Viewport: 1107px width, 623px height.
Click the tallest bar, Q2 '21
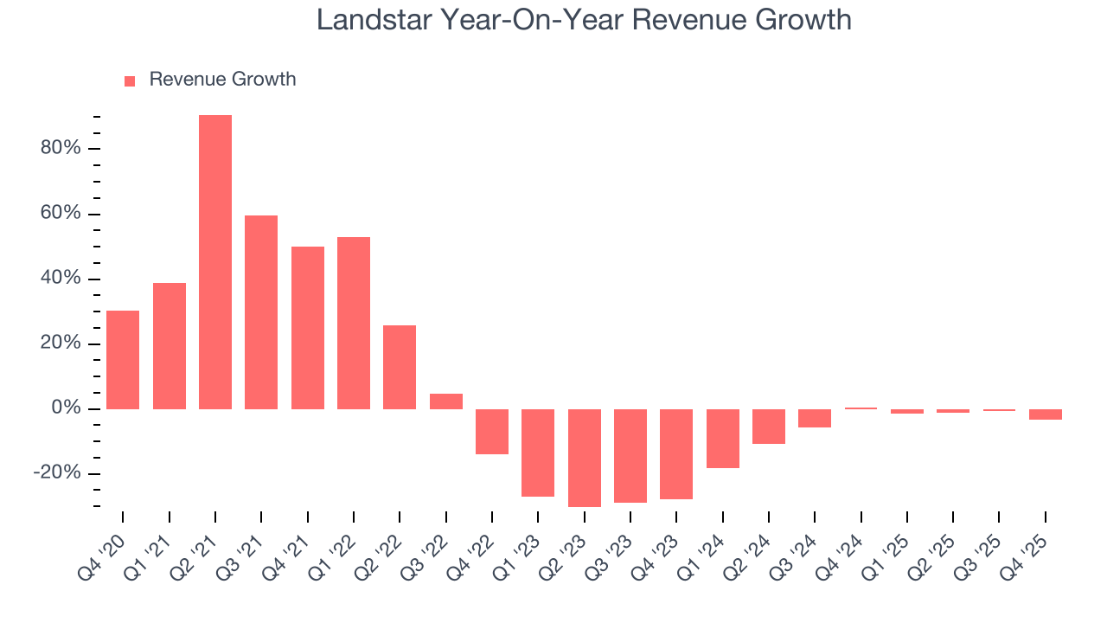pos(215,261)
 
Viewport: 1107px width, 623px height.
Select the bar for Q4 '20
pos(123,359)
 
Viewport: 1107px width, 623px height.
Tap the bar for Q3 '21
pos(261,311)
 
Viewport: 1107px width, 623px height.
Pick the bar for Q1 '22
pos(354,323)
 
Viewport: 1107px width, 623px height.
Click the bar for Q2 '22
pos(400,367)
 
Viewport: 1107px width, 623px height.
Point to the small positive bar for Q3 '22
pos(446,401)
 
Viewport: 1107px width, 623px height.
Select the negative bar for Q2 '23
pos(585,458)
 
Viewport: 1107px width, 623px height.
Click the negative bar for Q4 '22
pos(492,431)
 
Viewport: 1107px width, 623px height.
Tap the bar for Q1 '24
pos(723,438)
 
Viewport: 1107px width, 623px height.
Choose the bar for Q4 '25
pos(1046,414)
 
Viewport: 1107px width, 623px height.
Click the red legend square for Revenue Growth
pos(130,80)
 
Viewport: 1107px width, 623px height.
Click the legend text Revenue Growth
pos(222,80)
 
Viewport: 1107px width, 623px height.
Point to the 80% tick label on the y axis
pos(60,148)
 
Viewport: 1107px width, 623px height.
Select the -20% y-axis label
pos(57,473)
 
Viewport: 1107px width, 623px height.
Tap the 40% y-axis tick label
pos(60,279)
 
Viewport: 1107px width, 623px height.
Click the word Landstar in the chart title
pos(376,19)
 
